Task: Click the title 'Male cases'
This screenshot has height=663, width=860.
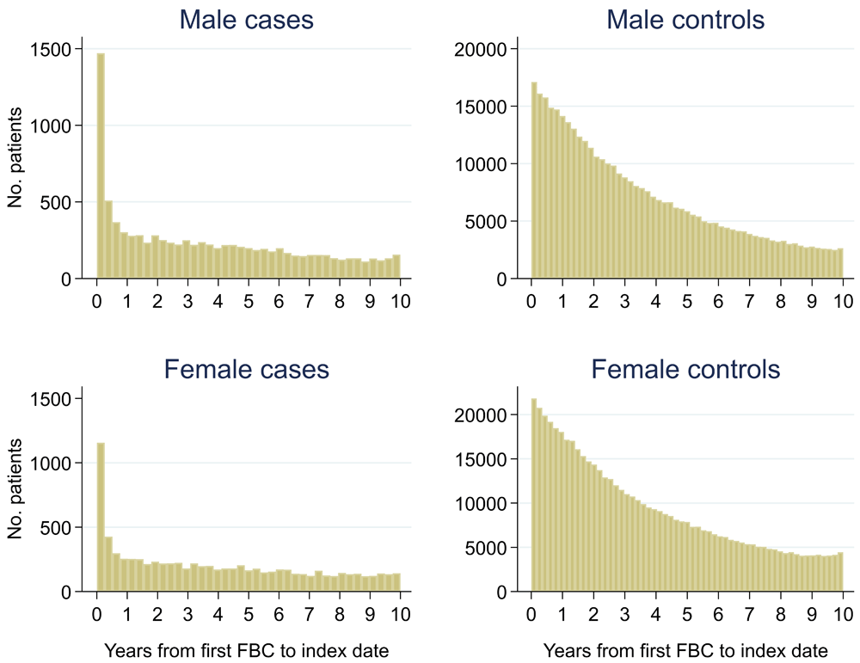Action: coord(246,20)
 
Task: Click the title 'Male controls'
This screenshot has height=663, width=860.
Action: coord(685,20)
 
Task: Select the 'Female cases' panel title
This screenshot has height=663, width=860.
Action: coord(246,370)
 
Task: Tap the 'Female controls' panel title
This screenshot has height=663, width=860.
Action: coord(685,370)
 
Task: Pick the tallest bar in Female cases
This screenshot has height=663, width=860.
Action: coord(101,517)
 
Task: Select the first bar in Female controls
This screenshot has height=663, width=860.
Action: coord(534,494)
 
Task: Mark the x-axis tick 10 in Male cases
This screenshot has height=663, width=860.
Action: coord(399,302)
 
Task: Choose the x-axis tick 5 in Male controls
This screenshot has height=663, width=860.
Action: coord(686,302)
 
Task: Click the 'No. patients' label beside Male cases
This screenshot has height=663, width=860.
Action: coord(15,164)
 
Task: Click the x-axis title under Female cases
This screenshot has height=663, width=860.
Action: coord(246,649)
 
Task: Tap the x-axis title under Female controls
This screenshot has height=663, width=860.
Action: coord(685,649)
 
